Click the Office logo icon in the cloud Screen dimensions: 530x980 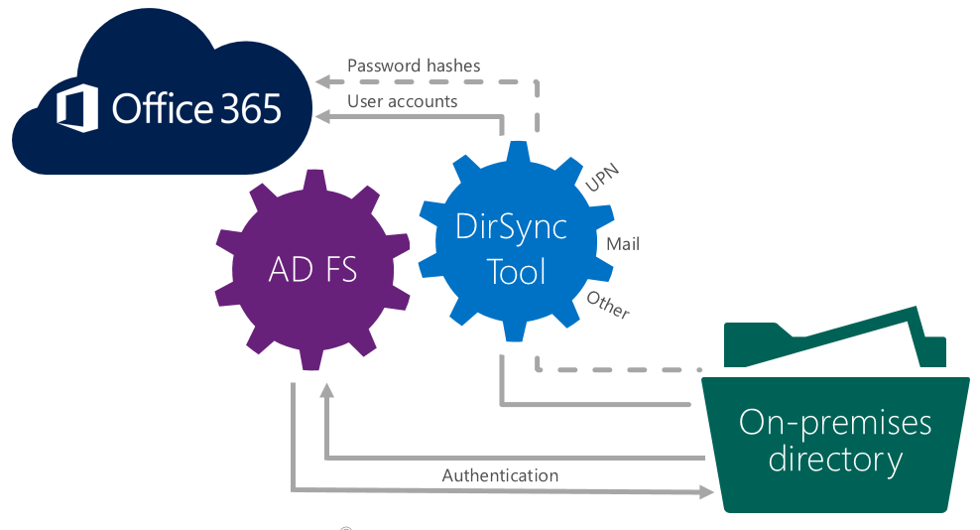click(x=76, y=108)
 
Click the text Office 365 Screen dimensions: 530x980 click(x=196, y=108)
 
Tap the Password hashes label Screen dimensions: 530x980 click(x=414, y=66)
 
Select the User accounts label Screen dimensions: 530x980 click(x=402, y=101)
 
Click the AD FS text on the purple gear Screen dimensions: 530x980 click(x=311, y=270)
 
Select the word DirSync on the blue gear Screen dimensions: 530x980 click(x=512, y=226)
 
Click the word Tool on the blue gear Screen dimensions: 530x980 click(x=517, y=271)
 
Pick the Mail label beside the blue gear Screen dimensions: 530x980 click(x=623, y=242)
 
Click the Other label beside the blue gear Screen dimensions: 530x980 click(x=608, y=305)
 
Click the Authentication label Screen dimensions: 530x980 click(x=500, y=475)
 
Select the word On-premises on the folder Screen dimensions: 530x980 click(x=835, y=422)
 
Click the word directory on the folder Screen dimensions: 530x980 click(x=835, y=460)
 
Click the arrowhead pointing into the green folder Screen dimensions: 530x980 click(x=705, y=490)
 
